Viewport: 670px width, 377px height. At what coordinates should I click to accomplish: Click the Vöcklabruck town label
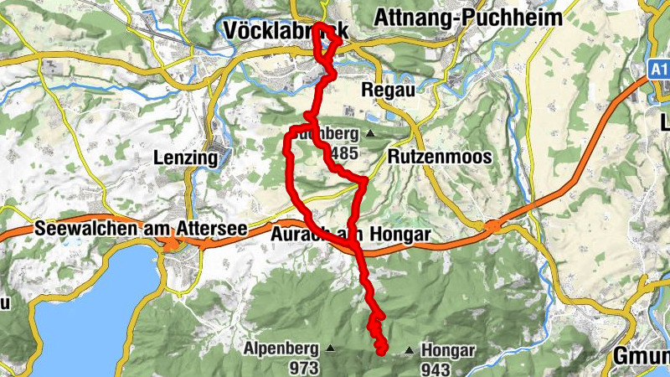pos(285,30)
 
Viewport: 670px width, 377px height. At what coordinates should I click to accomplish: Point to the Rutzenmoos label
pos(440,157)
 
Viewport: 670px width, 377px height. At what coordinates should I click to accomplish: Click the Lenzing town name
pos(186,157)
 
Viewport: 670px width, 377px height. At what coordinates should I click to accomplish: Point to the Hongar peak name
pos(449,351)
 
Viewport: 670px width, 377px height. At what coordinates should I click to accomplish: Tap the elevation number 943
pos(437,369)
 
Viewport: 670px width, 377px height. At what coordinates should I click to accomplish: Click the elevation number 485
pos(344,153)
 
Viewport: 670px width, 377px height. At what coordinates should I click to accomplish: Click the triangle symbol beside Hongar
pos(409,349)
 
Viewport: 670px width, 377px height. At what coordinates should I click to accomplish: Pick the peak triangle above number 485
pos(369,132)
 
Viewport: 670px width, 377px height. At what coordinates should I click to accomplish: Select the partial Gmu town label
pos(641,355)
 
